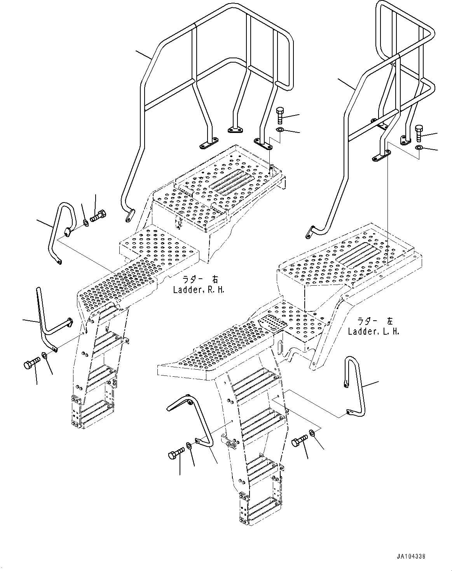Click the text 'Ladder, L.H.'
[373, 332]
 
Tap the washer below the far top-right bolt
[419, 148]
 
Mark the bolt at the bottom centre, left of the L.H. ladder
[176, 454]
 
